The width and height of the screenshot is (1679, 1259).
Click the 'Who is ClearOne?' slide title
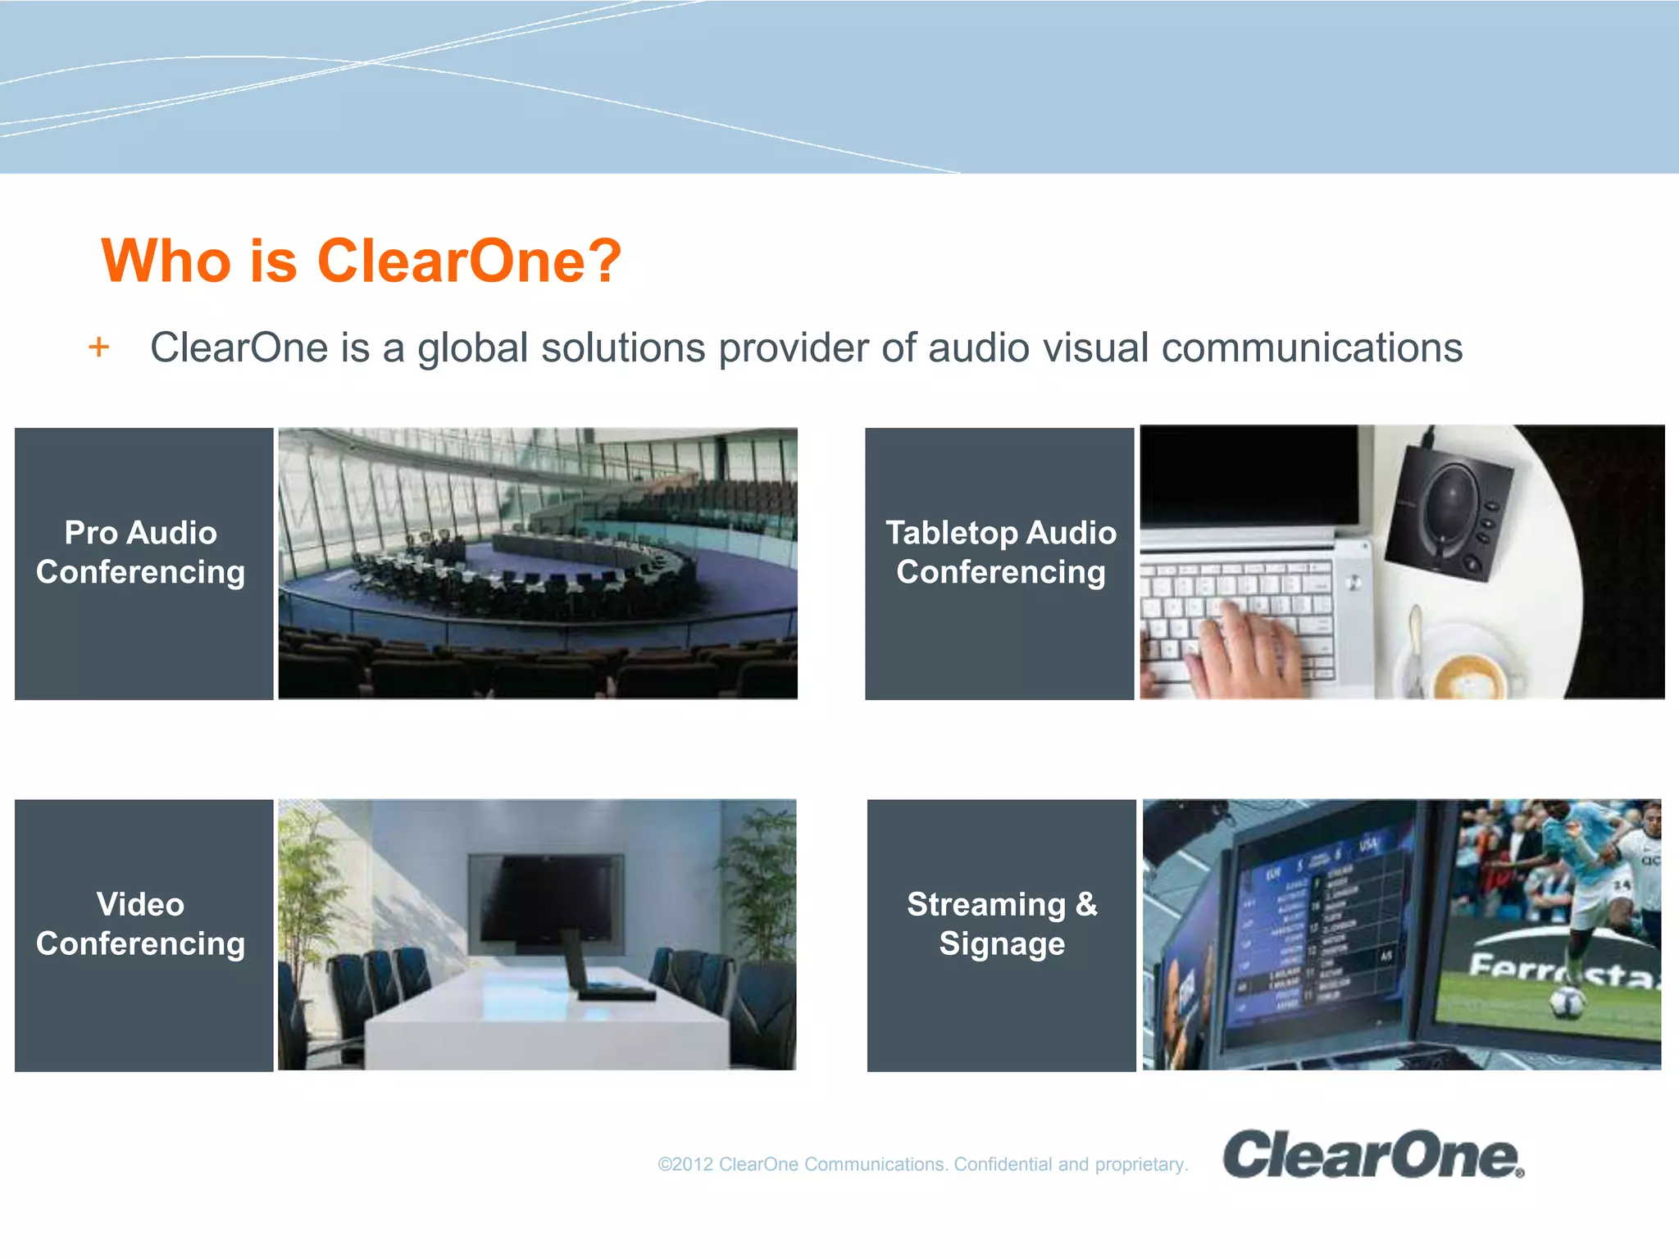tap(361, 261)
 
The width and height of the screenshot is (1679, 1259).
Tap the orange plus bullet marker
tap(99, 348)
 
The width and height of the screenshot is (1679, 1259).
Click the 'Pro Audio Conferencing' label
tap(141, 552)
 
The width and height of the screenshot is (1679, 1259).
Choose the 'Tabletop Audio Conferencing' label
tap(1000, 552)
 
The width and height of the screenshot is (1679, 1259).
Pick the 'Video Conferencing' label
tap(141, 924)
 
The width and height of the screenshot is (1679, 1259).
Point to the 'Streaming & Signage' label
tap(1002, 924)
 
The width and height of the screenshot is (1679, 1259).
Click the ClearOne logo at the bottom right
tap(1372, 1155)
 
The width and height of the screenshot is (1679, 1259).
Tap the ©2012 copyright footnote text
tap(922, 1165)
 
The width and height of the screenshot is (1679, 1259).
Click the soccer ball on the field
tap(1565, 1002)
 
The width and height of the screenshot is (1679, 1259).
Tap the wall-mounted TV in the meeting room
tap(545, 898)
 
